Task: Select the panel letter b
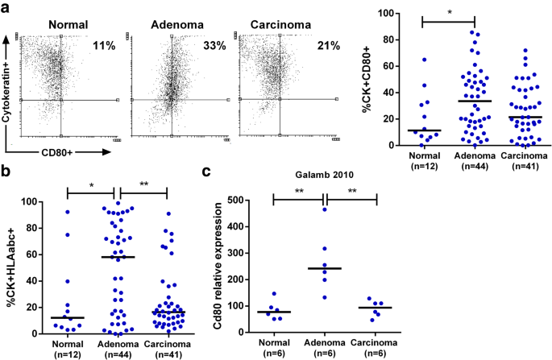point(6,170)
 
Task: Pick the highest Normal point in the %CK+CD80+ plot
point(423,60)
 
